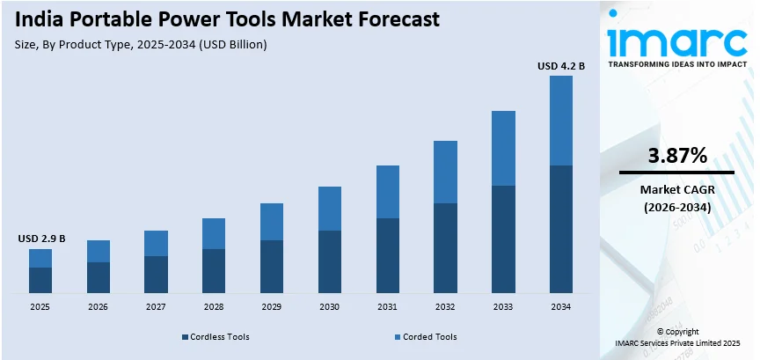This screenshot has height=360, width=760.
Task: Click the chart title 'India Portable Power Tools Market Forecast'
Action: tap(228, 19)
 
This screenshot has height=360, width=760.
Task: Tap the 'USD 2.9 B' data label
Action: tap(40, 239)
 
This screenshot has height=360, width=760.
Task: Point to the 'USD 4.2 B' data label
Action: tap(561, 64)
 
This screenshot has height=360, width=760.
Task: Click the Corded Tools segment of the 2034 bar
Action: tap(561, 121)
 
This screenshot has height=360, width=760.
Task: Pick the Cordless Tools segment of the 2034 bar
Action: tap(561, 229)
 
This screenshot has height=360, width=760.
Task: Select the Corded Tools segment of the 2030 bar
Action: tap(330, 209)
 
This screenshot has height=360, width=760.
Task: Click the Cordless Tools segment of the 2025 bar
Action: tap(40, 280)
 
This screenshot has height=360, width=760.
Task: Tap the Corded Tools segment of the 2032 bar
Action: tap(445, 172)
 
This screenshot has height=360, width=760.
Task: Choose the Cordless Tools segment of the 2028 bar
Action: tap(214, 270)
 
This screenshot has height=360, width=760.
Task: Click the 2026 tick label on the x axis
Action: tap(98, 307)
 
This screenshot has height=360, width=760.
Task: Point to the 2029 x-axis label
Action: tap(272, 307)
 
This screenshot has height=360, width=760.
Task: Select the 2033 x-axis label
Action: tap(503, 307)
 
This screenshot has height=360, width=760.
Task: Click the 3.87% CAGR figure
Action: tap(677, 156)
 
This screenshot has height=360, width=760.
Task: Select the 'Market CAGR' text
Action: tap(676, 190)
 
